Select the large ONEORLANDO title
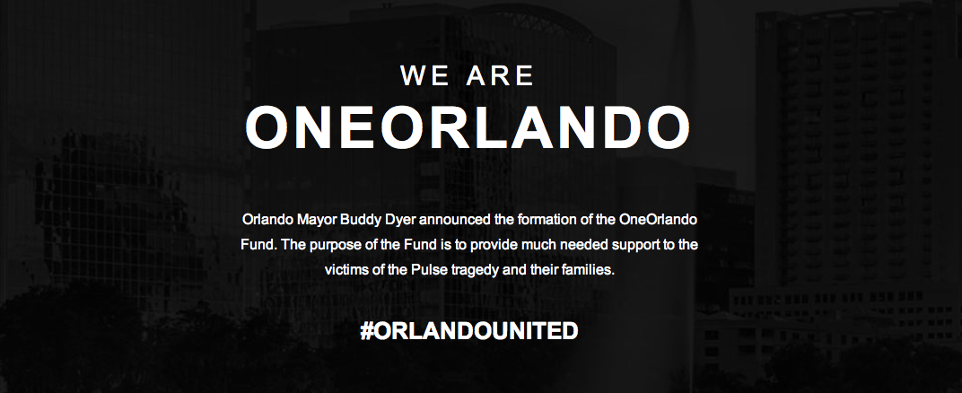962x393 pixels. point(468,129)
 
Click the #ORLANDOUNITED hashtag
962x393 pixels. point(468,330)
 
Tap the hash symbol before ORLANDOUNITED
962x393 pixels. point(366,330)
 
